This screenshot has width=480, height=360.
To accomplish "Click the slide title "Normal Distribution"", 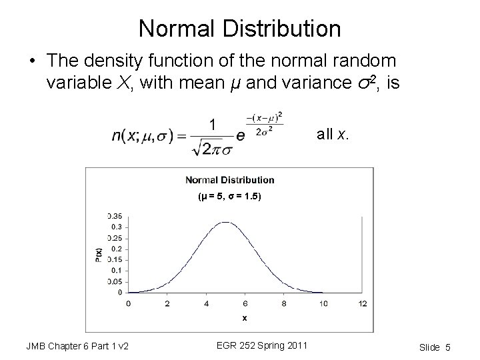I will point(240,28).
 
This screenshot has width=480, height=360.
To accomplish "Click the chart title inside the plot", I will point(229,179).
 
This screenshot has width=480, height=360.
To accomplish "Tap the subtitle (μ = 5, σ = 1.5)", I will point(230,196).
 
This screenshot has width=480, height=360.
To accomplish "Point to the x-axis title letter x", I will point(245,318).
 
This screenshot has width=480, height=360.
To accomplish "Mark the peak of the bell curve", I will point(226,222).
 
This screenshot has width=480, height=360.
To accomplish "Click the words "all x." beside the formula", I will point(332,134).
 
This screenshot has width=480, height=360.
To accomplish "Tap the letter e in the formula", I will point(241,135).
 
